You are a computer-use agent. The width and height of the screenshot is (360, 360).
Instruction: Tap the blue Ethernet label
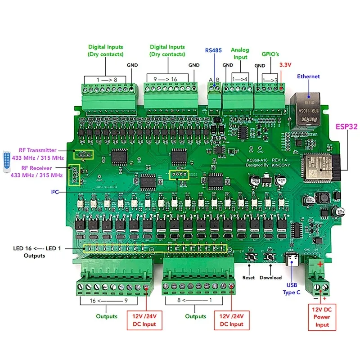[x=308, y=76]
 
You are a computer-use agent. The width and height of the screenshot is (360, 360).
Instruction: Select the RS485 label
[x=213, y=50]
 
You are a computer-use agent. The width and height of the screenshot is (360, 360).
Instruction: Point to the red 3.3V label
[x=286, y=65]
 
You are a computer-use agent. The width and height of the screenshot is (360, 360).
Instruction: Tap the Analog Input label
[x=239, y=54]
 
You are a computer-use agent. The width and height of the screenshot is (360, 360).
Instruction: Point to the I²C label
[x=54, y=192]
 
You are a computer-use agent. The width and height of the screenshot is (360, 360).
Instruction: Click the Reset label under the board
[x=248, y=278]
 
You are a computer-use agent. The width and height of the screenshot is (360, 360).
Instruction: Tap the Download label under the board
[x=270, y=278]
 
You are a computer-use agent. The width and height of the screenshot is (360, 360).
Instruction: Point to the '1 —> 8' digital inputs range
[x=106, y=79]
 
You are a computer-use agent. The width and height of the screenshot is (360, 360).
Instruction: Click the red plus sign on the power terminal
[x=320, y=264]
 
